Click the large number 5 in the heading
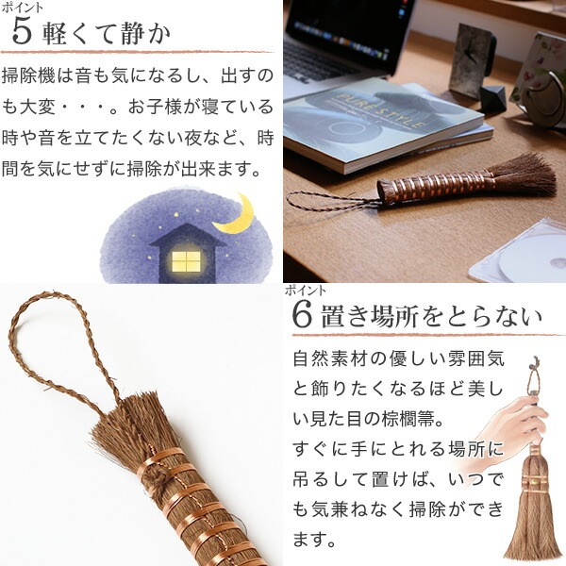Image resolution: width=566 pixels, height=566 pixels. tap(22, 32)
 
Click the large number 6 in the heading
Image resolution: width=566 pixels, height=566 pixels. tap(302, 316)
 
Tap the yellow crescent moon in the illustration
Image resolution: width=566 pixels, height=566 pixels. tap(237, 215)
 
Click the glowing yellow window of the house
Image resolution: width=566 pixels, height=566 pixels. tap(186, 261)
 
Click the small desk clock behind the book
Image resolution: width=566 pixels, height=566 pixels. tap(473, 59)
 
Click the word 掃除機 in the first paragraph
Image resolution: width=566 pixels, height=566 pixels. tap(28, 76)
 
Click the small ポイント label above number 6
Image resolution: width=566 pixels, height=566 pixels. tap(306, 291)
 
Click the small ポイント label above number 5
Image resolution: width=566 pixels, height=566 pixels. tap(23, 8)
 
